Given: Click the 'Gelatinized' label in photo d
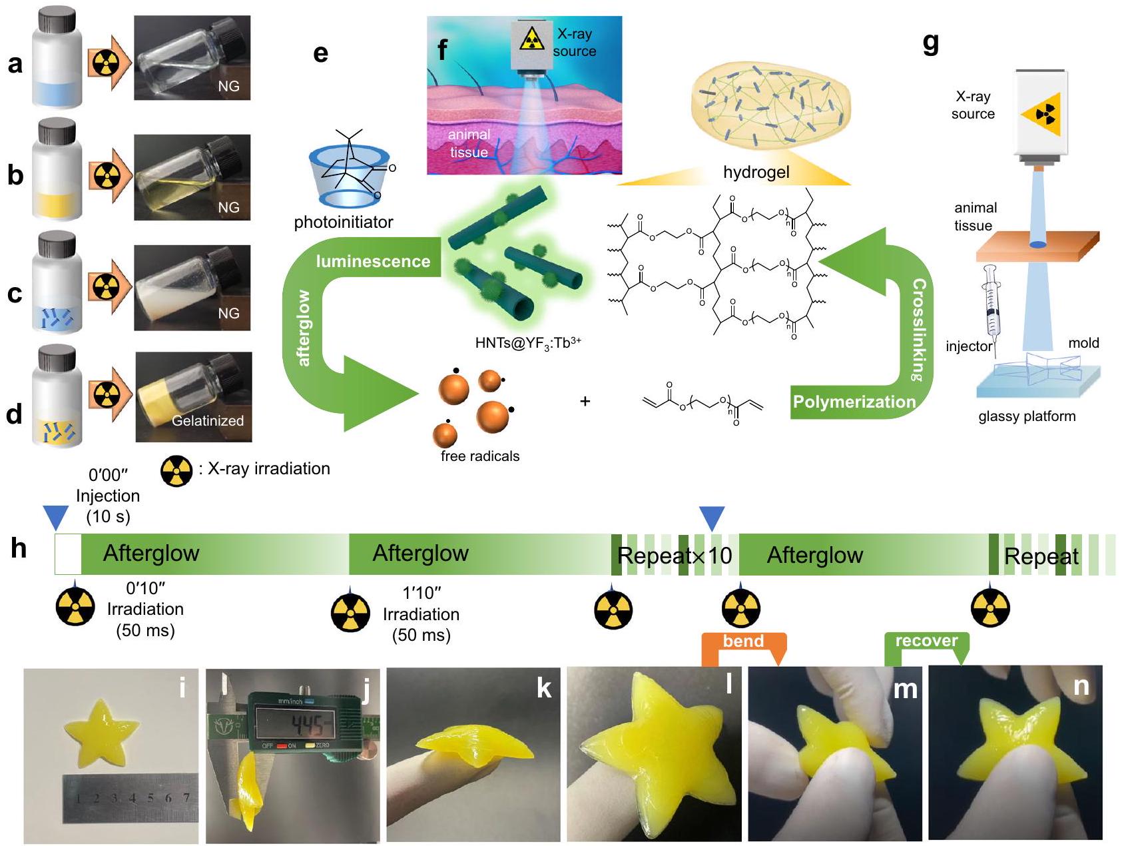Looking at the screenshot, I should point(208,420).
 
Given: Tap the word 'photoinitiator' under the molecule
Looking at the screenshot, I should point(344,222).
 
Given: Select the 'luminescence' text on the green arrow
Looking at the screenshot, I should point(373,261).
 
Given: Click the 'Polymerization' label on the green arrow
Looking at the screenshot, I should point(854,402).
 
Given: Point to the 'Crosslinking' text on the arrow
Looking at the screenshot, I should point(919,330).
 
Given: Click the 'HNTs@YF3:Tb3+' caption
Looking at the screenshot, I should point(527,343).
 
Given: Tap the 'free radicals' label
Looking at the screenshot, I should point(479,456).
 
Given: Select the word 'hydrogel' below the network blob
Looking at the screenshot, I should point(756,172).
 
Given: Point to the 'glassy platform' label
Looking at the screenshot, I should point(1027,416).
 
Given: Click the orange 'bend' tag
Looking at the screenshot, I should point(743,641).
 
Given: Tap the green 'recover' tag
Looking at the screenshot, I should point(926,641).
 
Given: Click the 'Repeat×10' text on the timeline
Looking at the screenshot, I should point(675,555).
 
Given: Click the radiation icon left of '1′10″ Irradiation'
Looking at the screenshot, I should point(350,610).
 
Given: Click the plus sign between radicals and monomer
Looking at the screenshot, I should point(585,401).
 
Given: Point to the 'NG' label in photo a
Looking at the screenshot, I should point(228,87).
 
